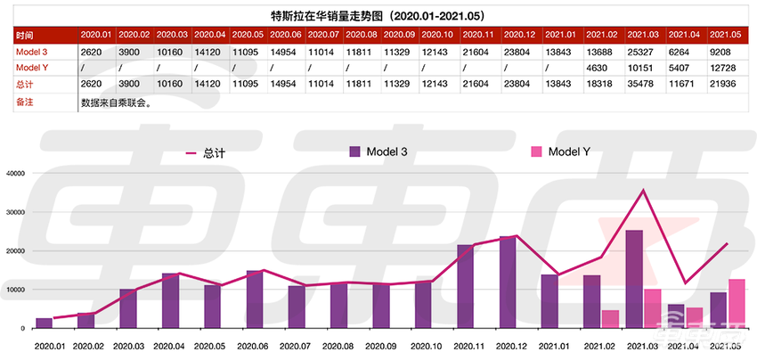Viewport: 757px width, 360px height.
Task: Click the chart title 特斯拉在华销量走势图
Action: click(378, 14)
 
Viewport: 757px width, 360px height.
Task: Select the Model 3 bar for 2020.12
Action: click(508, 282)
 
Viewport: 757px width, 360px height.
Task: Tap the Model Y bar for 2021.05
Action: click(737, 303)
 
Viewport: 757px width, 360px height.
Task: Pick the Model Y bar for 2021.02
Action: click(610, 319)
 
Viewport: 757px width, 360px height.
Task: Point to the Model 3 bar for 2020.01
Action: click(44, 323)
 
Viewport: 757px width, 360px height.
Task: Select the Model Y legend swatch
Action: click(536, 151)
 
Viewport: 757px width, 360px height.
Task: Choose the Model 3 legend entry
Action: click(379, 152)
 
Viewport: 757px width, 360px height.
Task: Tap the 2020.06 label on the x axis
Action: click(255, 345)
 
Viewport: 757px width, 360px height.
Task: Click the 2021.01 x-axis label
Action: click(549, 345)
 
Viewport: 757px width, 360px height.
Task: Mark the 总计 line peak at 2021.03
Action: click(642, 190)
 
